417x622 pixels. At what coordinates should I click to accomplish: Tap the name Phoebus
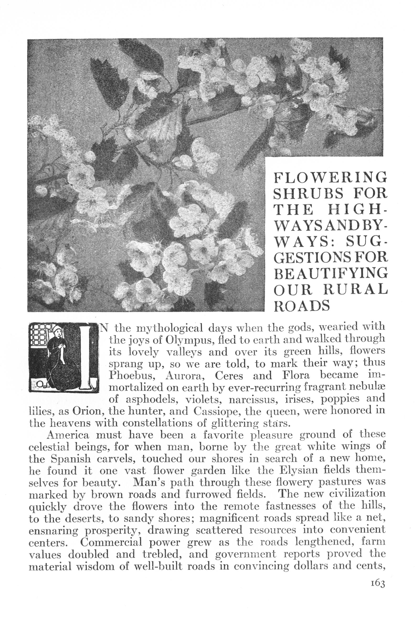coord(130,376)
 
